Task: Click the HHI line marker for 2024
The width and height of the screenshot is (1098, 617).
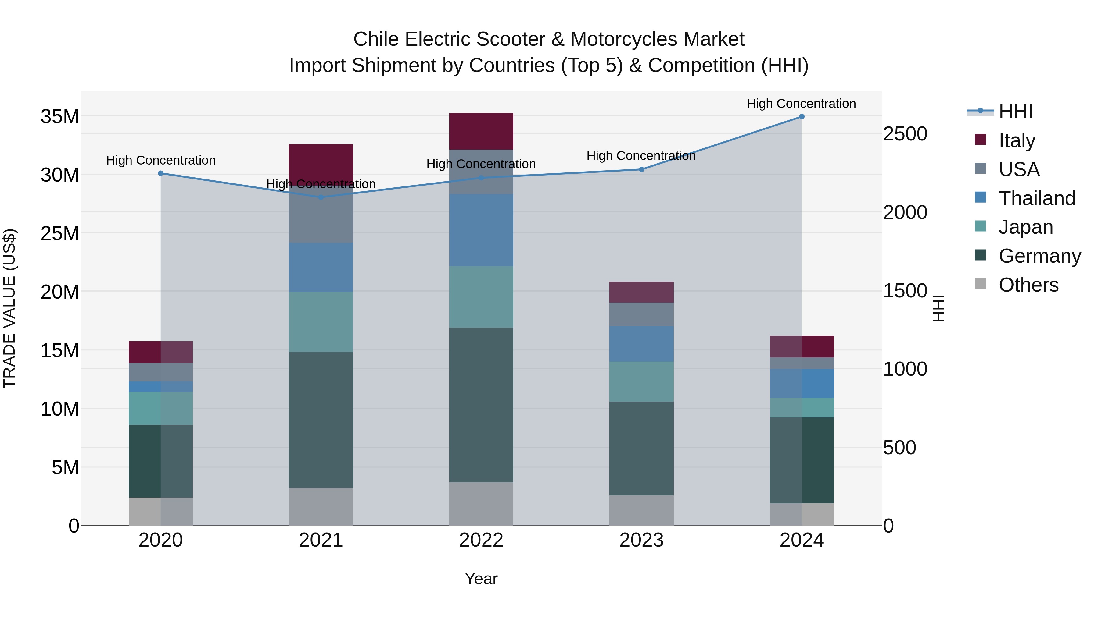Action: [x=801, y=117]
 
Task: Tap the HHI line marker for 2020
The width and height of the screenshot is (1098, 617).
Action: [x=161, y=173]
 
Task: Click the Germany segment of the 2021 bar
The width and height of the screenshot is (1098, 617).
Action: [x=321, y=420]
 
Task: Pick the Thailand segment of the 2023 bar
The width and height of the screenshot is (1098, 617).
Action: [x=641, y=344]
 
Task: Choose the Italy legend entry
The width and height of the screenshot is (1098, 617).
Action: [x=1017, y=140]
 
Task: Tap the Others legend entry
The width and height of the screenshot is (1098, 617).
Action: [x=1028, y=285]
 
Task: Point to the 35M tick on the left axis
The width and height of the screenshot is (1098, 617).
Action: [x=60, y=117]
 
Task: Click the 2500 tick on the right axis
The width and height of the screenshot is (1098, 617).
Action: [x=905, y=134]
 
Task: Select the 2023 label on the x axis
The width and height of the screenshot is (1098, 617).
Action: [x=641, y=540]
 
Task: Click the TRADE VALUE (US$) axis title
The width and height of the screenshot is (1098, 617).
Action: [x=9, y=308]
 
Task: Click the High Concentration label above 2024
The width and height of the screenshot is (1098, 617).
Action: [x=801, y=104]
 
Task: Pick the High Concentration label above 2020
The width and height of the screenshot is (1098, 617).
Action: [x=161, y=161]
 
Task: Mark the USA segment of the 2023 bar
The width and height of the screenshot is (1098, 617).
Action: [x=641, y=314]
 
